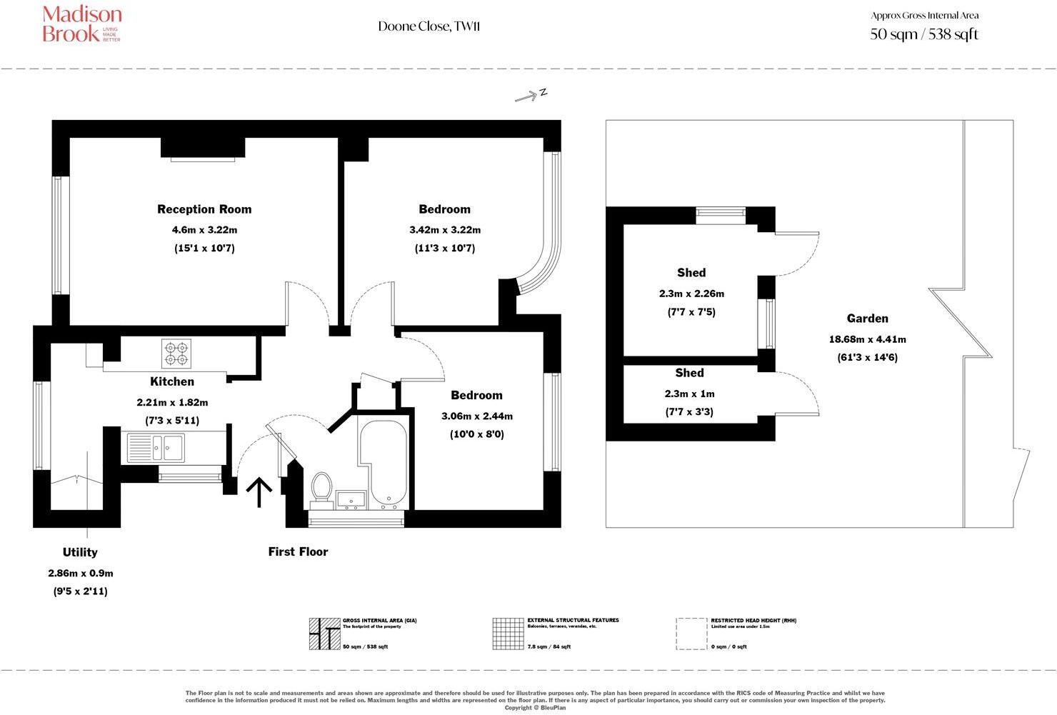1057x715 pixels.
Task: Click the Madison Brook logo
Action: tap(81, 24)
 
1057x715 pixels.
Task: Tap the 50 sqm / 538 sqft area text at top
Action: tap(923, 34)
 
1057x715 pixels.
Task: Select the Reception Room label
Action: tap(204, 209)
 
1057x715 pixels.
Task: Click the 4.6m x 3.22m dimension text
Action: tap(204, 230)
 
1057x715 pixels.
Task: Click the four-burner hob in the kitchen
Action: tap(176, 352)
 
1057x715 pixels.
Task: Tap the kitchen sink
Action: tap(155, 448)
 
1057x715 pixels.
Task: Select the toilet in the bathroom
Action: tap(321, 486)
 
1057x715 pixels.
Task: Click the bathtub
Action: tap(384, 461)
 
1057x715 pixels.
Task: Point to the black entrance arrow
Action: tap(259, 493)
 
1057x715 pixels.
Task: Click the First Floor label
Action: tap(298, 551)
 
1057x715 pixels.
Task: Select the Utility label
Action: tap(80, 552)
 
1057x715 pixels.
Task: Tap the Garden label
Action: tap(867, 319)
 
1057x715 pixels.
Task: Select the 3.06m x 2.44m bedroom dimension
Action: tap(476, 416)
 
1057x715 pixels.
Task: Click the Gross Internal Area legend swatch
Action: tap(324, 634)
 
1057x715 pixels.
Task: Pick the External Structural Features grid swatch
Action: tap(507, 634)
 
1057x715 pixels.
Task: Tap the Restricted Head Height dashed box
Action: tap(691, 634)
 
